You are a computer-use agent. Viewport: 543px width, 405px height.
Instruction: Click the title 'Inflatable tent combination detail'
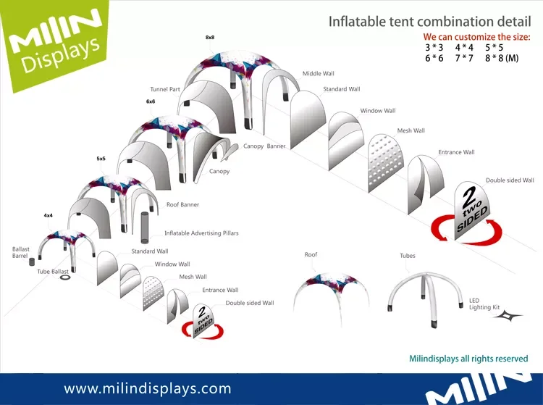[x=428, y=21]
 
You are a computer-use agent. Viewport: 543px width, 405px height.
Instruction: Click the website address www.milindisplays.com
[x=148, y=388]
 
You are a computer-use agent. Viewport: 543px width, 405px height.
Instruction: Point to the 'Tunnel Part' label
[x=165, y=90]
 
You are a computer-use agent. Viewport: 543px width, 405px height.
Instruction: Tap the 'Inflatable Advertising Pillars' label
[x=201, y=233]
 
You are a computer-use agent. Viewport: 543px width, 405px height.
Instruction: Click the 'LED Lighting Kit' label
[x=484, y=304]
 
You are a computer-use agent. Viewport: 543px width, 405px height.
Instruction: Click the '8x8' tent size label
[x=210, y=37]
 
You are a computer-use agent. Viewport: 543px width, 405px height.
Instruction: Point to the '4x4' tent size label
[x=49, y=215]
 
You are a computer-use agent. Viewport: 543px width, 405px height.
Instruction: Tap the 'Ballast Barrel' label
[x=21, y=252]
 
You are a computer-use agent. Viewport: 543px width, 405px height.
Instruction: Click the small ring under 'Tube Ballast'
[x=64, y=277]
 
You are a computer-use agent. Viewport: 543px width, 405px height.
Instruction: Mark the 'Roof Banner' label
[x=182, y=205]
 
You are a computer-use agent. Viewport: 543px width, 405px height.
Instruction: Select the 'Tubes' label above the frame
[x=408, y=256]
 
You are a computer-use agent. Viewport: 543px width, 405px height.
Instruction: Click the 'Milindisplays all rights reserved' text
[x=468, y=359]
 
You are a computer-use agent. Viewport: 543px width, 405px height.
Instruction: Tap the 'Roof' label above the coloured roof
[x=311, y=255]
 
